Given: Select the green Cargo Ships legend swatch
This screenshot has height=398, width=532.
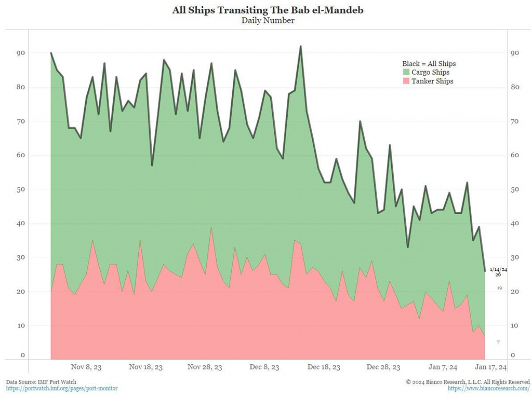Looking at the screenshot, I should pyautogui.click(x=407, y=72).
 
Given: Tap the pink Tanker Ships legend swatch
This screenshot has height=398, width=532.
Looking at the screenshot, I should pyautogui.click(x=407, y=81).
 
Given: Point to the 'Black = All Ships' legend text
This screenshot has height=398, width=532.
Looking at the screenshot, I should pyautogui.click(x=429, y=63).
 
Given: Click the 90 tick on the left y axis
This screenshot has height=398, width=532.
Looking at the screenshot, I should pyautogui.click(x=20, y=53).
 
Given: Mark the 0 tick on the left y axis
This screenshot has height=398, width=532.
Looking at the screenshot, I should pyautogui.click(x=22, y=355).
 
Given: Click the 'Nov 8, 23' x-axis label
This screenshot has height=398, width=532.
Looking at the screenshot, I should pyautogui.click(x=86, y=367).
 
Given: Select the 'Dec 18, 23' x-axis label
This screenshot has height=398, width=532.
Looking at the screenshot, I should pyautogui.click(x=324, y=367).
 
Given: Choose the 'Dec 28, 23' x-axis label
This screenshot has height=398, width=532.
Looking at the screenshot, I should pyautogui.click(x=383, y=367).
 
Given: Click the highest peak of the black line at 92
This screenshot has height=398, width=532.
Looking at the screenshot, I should pyautogui.click(x=301, y=46).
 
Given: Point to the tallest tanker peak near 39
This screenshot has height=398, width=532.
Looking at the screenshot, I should pyautogui.click(x=211, y=227).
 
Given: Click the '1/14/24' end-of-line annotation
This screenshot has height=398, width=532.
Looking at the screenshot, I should pyautogui.click(x=498, y=269).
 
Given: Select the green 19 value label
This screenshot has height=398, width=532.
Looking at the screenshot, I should pyautogui.click(x=499, y=287).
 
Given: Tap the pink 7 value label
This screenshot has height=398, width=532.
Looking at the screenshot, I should pyautogui.click(x=498, y=342).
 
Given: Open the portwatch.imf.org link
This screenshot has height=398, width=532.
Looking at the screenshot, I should pyautogui.click(x=62, y=388).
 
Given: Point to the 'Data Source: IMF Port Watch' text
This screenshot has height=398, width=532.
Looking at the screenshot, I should pyautogui.click(x=41, y=381).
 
